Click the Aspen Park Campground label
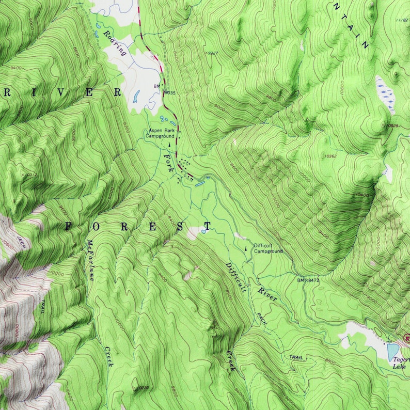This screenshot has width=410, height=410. [161, 134]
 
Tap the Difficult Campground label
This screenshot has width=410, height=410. [268, 248]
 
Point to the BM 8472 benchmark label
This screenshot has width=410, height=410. [308, 280]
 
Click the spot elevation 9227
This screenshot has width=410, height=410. [211, 53]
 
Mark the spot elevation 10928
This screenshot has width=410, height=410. [392, 125]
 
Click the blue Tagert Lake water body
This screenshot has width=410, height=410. [393, 352]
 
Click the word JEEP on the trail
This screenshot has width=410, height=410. [21, 243]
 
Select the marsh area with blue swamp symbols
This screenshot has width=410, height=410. [385, 94]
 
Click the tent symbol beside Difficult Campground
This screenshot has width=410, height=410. [246, 249]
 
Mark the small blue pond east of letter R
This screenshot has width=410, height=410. [137, 96]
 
